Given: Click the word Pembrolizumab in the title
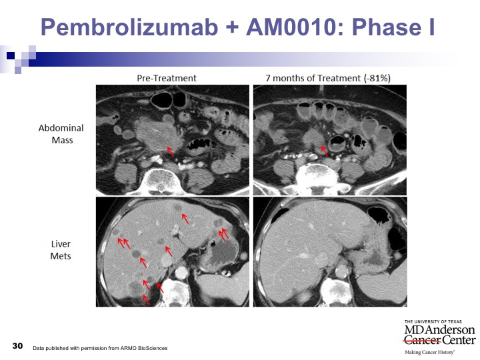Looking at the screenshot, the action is click(129, 27).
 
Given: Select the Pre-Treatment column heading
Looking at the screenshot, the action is click(167, 79).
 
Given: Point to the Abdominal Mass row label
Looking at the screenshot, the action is click(61, 134).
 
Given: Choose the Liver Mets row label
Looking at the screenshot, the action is click(61, 250).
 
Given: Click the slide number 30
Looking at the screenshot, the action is click(17, 346).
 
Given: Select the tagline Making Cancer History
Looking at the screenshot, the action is click(430, 352).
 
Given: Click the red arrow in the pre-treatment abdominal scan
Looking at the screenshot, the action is click(171, 152).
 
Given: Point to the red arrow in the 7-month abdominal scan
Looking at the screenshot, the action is click(325, 151).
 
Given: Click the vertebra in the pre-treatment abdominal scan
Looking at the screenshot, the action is click(161, 181).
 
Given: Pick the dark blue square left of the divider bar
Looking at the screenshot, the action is click(11, 55).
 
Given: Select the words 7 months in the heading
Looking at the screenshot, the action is click(285, 79).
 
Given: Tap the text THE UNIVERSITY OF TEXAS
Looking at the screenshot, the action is click(433, 321).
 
